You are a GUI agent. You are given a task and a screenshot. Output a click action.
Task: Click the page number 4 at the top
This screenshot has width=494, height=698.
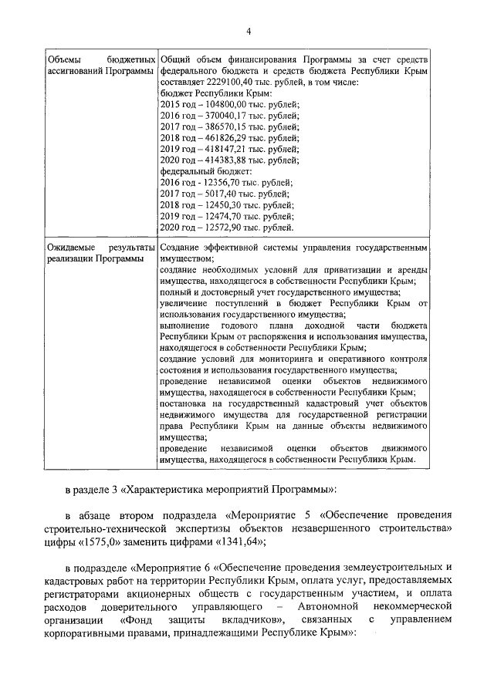[x=249, y=31]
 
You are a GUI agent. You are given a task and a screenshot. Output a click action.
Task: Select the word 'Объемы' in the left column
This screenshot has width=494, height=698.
[x=63, y=59]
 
